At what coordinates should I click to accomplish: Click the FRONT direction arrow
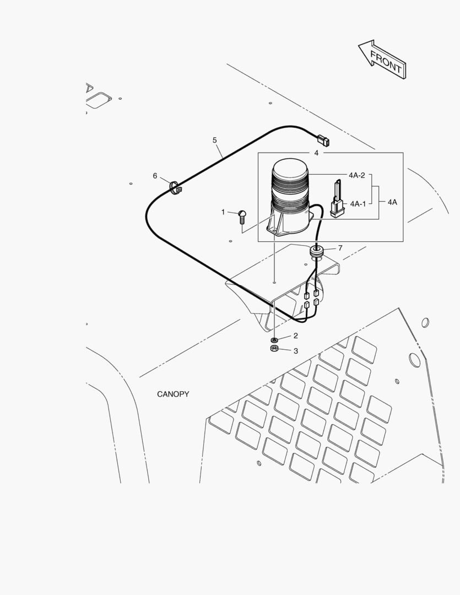[x=382, y=59]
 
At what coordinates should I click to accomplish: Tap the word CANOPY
[x=173, y=394]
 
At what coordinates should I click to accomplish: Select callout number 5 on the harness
[x=215, y=140]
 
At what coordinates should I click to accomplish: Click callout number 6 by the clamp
[x=155, y=176]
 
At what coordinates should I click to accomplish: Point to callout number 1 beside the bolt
[x=223, y=212]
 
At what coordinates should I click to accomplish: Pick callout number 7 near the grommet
[x=340, y=248]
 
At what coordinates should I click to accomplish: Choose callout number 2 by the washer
[x=296, y=336]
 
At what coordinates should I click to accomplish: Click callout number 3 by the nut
[x=296, y=351]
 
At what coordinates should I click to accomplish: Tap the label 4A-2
[x=357, y=175]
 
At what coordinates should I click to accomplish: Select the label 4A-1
[x=358, y=204]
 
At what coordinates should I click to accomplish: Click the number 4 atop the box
[x=316, y=153]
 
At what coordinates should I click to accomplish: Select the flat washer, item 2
[x=274, y=339]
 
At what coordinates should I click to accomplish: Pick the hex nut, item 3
[x=274, y=349]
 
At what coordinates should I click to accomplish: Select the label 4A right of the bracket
[x=392, y=202]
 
